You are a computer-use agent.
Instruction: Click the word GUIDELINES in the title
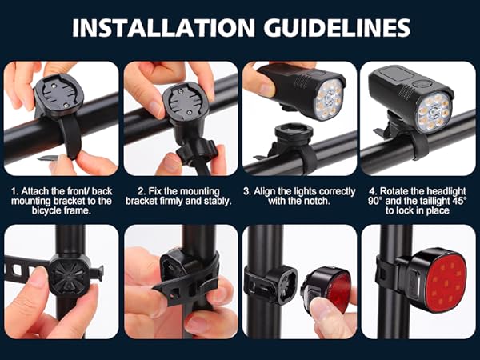pos(333,28)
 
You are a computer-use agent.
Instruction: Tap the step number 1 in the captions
pos(14,192)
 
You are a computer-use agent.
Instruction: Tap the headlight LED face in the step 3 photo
pos(330,98)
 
